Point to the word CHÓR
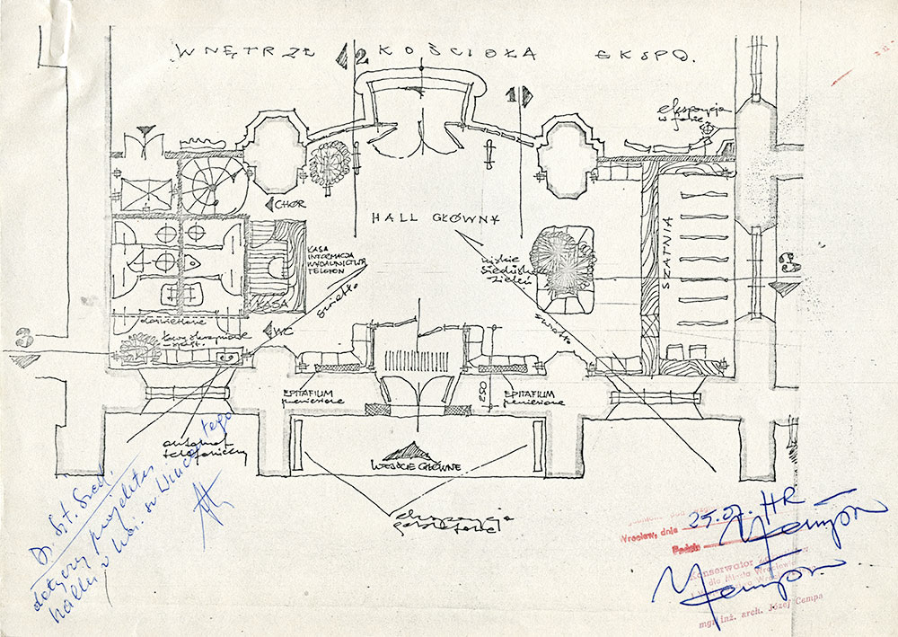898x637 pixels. point(289,204)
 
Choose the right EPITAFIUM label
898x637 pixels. point(535,397)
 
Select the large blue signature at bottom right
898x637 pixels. point(763,566)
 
